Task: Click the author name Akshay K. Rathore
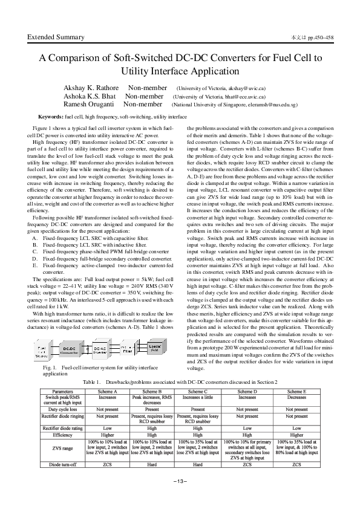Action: (x=92, y=88)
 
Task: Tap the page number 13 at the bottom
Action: (x=180, y=481)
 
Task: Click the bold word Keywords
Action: (x=51, y=115)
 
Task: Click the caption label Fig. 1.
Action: (x=50, y=368)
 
